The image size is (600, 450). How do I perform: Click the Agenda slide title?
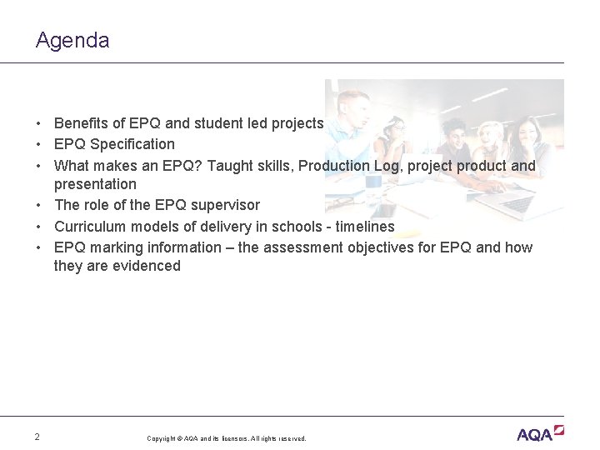point(72,40)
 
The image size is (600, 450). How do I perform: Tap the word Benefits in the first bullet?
point(82,123)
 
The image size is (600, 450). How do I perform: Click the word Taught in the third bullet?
point(231,165)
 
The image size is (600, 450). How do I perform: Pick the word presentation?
point(95,184)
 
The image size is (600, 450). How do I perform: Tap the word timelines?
point(365,226)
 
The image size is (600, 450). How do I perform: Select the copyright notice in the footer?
point(227,438)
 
